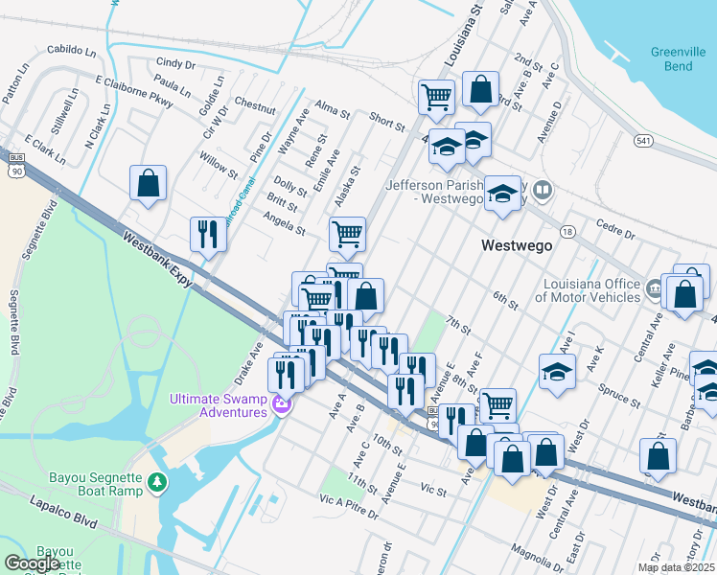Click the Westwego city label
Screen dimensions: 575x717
pyautogui.click(x=516, y=245)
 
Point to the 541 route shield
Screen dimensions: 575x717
pyautogui.click(x=643, y=141)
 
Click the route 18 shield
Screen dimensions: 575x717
pyautogui.click(x=567, y=232)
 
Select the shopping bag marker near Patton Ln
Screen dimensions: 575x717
pyautogui.click(x=148, y=184)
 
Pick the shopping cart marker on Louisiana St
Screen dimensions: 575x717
pyautogui.click(x=436, y=97)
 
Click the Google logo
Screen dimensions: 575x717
pyautogui.click(x=32, y=563)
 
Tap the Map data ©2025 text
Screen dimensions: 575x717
pyautogui.click(x=676, y=567)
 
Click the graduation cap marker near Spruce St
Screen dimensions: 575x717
pyautogui.click(x=557, y=371)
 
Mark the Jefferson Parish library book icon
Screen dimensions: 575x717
pyautogui.click(x=543, y=190)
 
